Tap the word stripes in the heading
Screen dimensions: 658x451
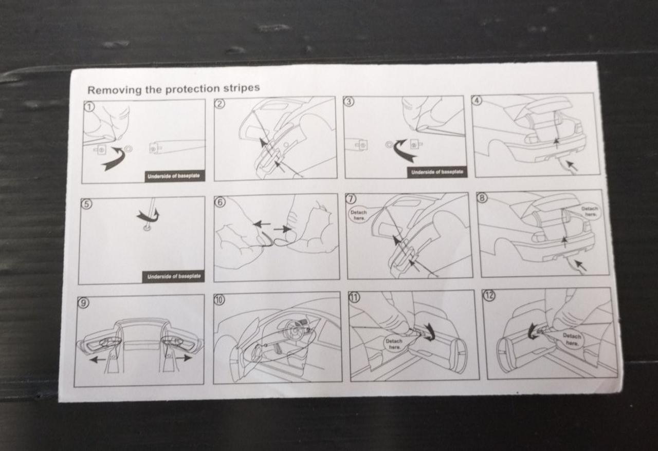click(x=242, y=87)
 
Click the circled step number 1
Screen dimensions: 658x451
click(x=89, y=106)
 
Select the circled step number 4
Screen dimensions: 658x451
click(x=477, y=100)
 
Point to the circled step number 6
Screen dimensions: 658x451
click(x=221, y=202)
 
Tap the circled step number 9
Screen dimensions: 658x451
click(x=83, y=303)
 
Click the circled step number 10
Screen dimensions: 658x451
click(x=220, y=299)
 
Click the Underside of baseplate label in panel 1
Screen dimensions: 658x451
click(x=174, y=176)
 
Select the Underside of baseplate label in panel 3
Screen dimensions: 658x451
click(x=436, y=172)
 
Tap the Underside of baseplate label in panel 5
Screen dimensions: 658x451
click(x=174, y=276)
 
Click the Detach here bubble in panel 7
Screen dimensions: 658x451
click(x=359, y=215)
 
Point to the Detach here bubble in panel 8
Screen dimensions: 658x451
click(x=589, y=212)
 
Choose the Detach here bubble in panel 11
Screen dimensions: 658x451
click(x=394, y=344)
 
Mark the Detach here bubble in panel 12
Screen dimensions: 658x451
click(x=572, y=339)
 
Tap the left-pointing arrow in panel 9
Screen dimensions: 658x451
click(x=97, y=359)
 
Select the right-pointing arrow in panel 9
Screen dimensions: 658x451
click(x=184, y=358)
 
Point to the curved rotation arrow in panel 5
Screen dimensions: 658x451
click(x=149, y=216)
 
